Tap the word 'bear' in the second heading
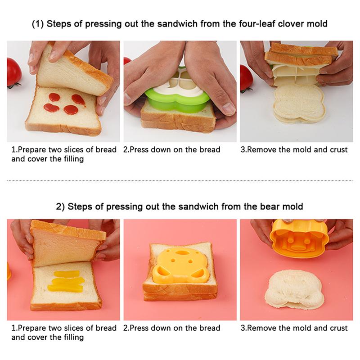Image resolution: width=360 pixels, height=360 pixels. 270,207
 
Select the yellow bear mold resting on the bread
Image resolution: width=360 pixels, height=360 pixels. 180,265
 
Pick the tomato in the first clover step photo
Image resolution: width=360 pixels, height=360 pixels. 13,72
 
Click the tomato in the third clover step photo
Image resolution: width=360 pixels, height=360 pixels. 246,78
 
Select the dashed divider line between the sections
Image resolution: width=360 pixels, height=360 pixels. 180,181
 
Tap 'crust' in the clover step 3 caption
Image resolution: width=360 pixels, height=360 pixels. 339,149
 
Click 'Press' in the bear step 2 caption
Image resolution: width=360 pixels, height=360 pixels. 139,328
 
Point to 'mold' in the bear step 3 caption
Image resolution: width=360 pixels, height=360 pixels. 301,328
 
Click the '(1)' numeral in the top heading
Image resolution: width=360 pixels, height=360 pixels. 38,24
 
